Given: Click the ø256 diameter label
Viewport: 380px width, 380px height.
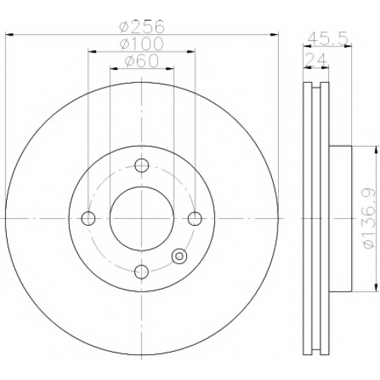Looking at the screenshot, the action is [x=142, y=27].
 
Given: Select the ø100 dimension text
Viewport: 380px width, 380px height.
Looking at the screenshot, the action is [x=142, y=43].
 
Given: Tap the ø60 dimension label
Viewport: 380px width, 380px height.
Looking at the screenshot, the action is [x=142, y=61].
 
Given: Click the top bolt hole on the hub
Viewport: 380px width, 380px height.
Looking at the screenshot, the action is [x=141, y=165].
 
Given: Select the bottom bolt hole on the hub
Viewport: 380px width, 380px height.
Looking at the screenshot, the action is [x=141, y=271].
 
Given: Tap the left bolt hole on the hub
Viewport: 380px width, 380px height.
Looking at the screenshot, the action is [x=88, y=218].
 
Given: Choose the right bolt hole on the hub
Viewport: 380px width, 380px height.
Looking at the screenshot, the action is [x=195, y=218].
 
